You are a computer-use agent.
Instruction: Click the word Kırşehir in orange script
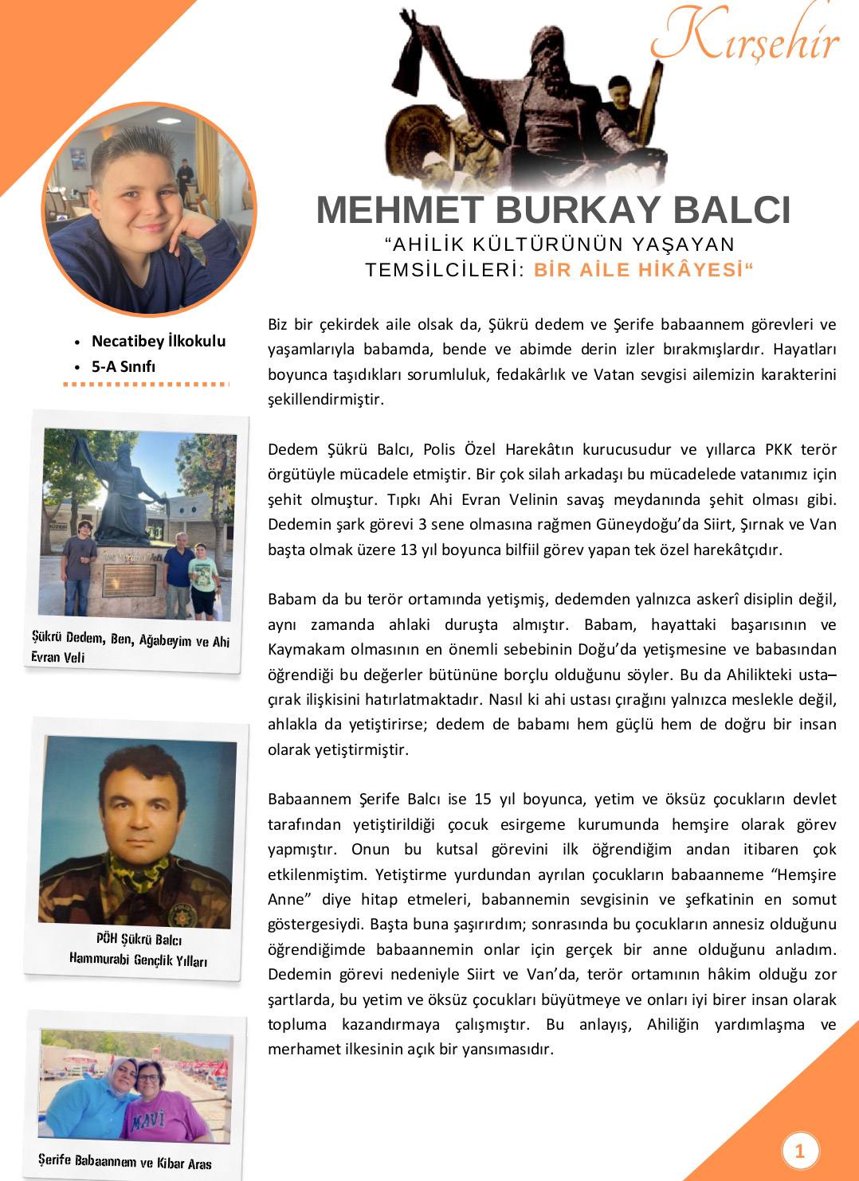[745, 36]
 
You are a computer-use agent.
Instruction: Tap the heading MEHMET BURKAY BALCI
[553, 209]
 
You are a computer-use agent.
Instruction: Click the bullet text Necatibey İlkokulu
[159, 341]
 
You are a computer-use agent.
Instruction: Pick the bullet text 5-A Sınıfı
[123, 366]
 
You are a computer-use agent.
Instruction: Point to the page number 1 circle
[800, 1151]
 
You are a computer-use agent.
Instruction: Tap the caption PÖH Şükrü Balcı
[139, 940]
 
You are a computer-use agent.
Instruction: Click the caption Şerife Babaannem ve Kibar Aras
[125, 1161]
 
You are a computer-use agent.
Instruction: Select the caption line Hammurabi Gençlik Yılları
[138, 960]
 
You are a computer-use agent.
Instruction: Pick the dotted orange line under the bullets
[146, 385]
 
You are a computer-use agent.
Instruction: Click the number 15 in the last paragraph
[483, 799]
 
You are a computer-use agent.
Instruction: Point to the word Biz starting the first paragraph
[277, 324]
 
